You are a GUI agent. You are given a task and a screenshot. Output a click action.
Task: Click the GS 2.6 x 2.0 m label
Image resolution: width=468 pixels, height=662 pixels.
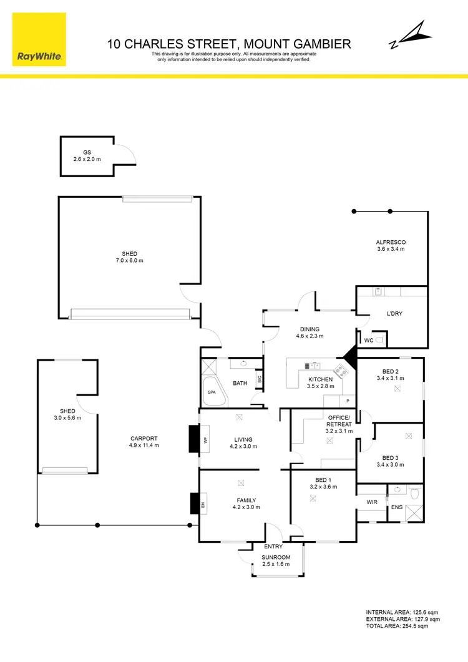point(87,156)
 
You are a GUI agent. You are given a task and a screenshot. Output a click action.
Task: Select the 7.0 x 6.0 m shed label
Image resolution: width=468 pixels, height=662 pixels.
point(130,257)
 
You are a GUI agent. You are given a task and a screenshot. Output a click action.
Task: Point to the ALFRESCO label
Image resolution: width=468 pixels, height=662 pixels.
point(391,245)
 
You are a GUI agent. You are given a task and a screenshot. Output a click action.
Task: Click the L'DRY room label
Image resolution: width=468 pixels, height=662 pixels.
point(394,314)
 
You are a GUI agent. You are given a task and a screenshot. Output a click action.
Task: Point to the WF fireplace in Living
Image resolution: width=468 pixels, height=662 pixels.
point(205,439)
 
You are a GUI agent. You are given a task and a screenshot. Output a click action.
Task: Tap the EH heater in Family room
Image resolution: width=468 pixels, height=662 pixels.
point(203,503)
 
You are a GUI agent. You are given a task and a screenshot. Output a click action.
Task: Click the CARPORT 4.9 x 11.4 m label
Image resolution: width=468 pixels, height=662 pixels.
point(144,442)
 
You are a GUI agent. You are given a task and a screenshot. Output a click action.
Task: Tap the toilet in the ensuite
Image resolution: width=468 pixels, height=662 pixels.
point(414,493)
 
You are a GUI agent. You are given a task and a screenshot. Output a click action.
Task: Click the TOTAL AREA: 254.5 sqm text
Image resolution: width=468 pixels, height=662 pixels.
point(402,627)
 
